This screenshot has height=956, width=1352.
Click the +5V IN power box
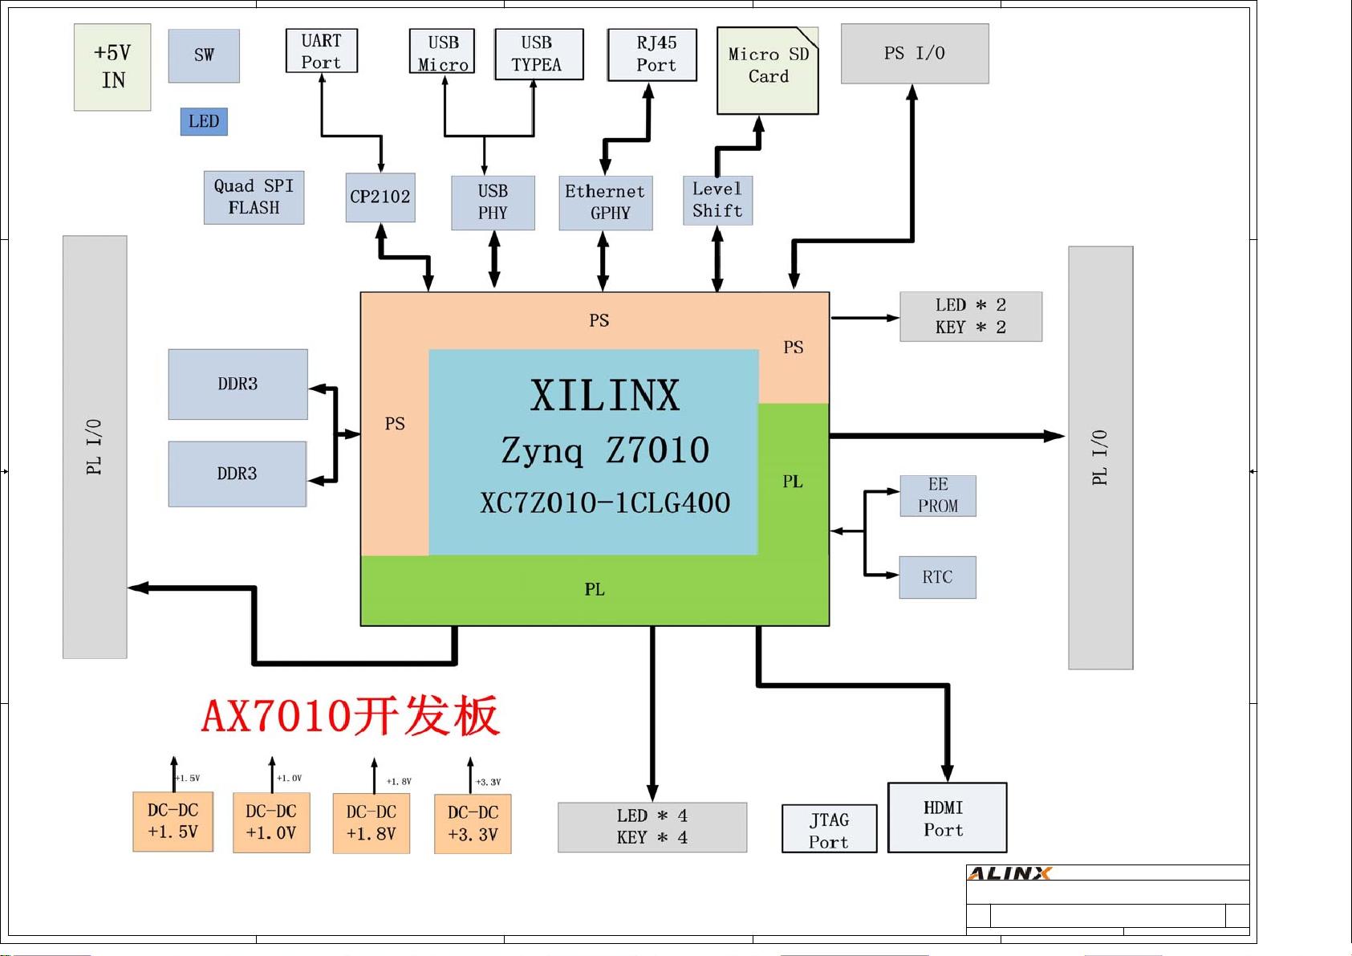coord(112,67)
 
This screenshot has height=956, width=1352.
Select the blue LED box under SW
coord(204,121)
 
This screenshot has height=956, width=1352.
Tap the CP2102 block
coord(380,197)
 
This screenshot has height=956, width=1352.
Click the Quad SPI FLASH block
coord(254,197)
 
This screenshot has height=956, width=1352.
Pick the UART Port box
coord(321,51)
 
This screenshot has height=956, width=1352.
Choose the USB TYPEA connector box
coord(538,54)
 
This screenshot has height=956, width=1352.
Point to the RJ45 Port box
coord(652,55)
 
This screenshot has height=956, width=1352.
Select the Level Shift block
coord(717,201)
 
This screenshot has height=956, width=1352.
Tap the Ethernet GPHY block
coord(605,203)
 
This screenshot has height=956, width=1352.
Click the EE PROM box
coord(937,496)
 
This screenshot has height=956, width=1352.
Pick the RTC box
coord(937,577)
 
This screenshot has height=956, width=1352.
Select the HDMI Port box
coord(947,818)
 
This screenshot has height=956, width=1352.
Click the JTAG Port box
coord(829,829)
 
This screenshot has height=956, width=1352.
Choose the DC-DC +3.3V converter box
coord(473,824)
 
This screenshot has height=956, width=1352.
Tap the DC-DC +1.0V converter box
coord(271,824)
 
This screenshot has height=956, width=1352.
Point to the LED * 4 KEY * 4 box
coord(652,827)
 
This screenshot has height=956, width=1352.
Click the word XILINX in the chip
coord(604,396)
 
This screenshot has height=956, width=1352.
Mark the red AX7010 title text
coord(351,716)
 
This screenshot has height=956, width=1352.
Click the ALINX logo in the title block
coord(1009,873)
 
